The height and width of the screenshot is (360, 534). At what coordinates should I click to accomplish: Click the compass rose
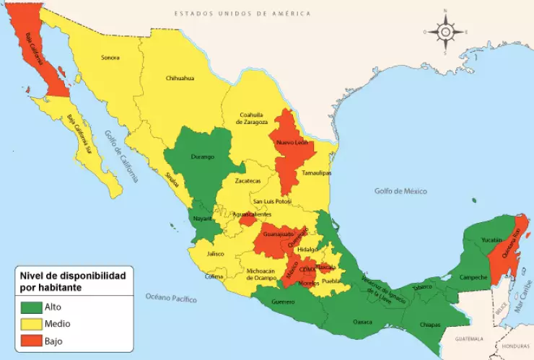tap(445, 32)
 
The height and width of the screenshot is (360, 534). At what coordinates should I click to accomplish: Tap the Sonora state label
tap(110, 58)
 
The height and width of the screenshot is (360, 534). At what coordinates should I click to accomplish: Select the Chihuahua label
tap(180, 78)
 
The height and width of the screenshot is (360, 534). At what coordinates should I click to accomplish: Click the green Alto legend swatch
tap(32, 307)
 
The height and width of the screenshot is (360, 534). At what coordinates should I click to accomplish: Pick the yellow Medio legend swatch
tap(32, 323)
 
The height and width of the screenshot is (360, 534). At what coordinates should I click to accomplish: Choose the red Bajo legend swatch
tap(32, 340)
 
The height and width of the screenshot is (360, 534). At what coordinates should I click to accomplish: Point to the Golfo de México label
tap(400, 191)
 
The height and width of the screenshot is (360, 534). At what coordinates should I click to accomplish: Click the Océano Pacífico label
tap(171, 297)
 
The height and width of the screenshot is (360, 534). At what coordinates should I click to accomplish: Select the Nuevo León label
tap(292, 143)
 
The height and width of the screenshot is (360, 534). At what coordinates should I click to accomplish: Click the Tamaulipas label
tap(315, 174)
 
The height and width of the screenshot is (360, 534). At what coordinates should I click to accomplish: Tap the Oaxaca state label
tap(362, 322)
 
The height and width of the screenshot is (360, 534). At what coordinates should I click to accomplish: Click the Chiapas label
tap(430, 325)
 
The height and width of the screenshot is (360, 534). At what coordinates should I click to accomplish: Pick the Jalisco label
tap(215, 254)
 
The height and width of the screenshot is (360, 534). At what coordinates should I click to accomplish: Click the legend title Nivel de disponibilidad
tap(72, 276)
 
